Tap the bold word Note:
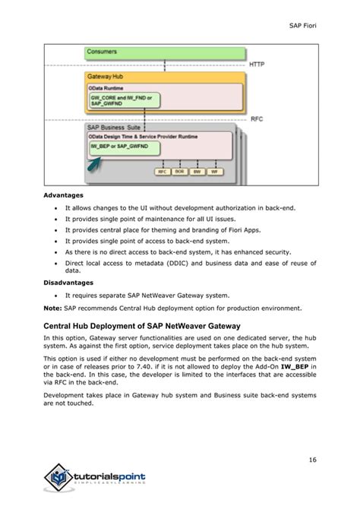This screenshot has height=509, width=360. point(52,308)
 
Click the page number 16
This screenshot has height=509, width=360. point(311,458)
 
